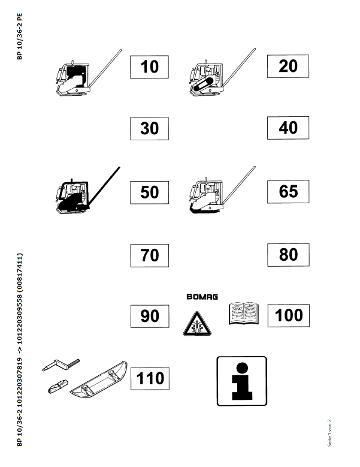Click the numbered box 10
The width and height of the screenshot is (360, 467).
click(149, 67)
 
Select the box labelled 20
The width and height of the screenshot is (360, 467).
click(288, 66)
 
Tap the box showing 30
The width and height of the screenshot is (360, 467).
click(149, 128)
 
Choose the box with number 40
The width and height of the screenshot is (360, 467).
click(288, 128)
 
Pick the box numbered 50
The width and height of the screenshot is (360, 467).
click(149, 192)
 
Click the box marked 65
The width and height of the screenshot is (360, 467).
click(288, 191)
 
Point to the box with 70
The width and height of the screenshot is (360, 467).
click(149, 255)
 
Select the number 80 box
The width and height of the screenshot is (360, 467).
click(288, 255)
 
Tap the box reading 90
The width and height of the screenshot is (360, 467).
click(150, 317)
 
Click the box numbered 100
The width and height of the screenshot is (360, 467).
click(289, 315)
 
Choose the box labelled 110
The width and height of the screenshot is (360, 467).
click(150, 378)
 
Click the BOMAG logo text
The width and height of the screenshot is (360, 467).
click(202, 297)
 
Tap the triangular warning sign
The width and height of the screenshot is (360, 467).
click(197, 324)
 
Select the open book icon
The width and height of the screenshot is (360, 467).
click(244, 314)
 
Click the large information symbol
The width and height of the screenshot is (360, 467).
click(242, 381)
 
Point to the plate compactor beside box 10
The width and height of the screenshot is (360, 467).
click(89, 73)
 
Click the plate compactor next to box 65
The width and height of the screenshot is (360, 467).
click(222, 190)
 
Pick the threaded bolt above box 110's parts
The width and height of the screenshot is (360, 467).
click(61, 364)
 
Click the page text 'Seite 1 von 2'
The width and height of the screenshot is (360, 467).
click(329, 433)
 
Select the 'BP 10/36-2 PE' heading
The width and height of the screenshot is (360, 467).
click(19, 37)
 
